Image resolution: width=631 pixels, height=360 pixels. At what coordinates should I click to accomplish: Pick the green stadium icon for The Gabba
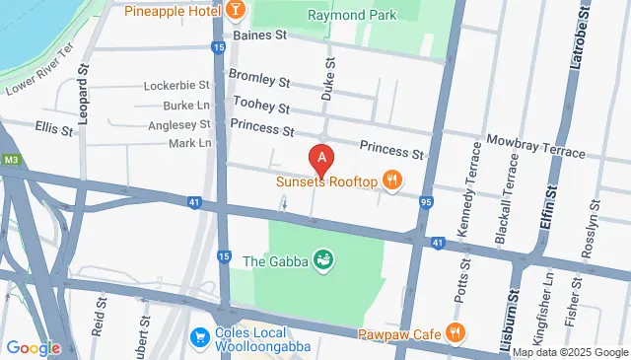coord(321,261)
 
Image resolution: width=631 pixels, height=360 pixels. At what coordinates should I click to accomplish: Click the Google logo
coord(33,347)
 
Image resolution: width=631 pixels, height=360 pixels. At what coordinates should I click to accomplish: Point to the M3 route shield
coord(11,159)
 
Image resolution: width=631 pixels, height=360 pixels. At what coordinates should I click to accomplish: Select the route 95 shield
coord(425,202)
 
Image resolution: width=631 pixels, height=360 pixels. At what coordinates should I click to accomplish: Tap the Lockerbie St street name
coord(177,86)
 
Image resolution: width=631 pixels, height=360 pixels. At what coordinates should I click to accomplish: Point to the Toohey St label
coord(260,103)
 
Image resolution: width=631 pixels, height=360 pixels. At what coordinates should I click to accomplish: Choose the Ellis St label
coord(54,129)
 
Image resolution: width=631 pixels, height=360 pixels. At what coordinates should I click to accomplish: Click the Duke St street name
coord(328,76)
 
